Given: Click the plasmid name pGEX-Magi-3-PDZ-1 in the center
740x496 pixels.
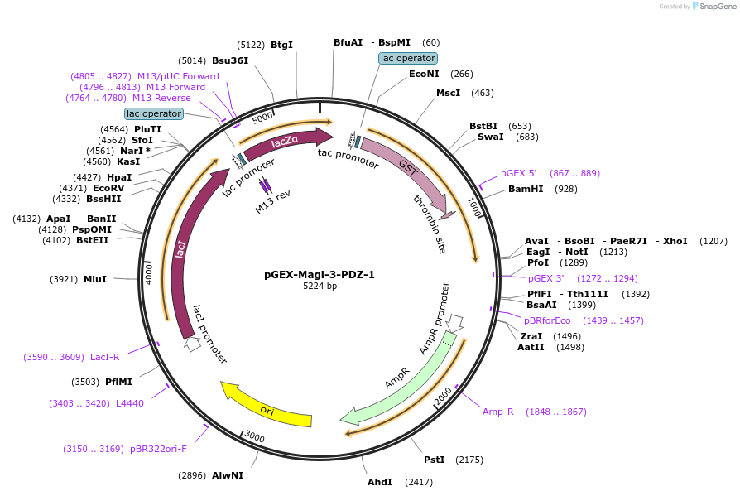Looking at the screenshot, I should point(319,274).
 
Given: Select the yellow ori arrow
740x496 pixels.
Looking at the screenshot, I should point(267,407).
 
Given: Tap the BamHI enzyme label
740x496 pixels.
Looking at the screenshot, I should point(525,190).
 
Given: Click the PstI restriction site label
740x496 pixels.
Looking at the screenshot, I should point(434,460).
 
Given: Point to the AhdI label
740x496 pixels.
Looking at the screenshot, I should point(380,482).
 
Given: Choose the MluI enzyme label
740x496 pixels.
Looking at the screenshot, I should point(95,279).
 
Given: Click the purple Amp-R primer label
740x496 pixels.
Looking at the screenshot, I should point(498,412).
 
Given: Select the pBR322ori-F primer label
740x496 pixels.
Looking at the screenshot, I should point(158,449).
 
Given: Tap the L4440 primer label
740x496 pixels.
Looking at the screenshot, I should point(130,403).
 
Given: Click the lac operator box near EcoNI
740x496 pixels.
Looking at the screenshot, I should point(408,59).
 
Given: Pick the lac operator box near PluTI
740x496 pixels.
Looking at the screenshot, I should point(154,113).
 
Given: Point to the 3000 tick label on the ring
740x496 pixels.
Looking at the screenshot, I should point(254,437).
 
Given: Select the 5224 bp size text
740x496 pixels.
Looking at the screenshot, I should point(319,287).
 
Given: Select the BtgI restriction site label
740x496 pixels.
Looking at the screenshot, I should point(281,45).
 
